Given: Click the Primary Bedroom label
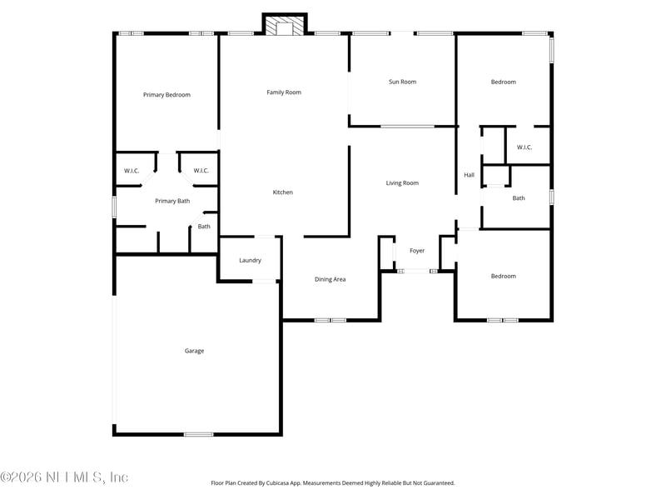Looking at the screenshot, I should click(x=166, y=95).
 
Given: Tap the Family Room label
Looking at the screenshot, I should click(x=284, y=92).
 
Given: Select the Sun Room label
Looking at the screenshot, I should click(x=402, y=82).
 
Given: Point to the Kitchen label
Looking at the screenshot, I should click(x=283, y=192).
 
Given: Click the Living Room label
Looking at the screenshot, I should click(x=402, y=183).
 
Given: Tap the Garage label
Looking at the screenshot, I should click(x=194, y=351).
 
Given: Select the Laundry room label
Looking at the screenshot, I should click(x=251, y=261).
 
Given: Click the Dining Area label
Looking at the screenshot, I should click(x=330, y=279).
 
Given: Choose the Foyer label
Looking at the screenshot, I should click(x=417, y=251).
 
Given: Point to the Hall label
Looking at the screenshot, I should click(x=469, y=175).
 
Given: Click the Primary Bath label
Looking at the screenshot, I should click(x=172, y=201).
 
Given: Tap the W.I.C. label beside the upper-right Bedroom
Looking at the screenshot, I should click(x=524, y=147).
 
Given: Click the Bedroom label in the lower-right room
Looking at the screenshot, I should click(x=503, y=276).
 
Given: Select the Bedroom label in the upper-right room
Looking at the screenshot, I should click(x=503, y=82).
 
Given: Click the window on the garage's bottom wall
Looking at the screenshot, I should click(x=198, y=433).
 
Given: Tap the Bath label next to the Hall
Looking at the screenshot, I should click(x=519, y=198).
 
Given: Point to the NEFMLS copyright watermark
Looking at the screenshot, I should click(x=64, y=477).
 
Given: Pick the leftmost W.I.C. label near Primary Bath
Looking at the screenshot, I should click(x=132, y=171).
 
